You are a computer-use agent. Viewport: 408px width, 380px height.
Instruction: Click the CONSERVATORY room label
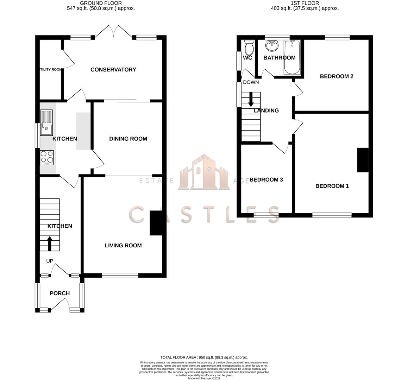click(113, 70)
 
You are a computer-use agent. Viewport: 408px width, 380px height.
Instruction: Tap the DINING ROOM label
click(128, 139)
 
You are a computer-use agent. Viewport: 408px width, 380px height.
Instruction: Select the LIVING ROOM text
click(123, 246)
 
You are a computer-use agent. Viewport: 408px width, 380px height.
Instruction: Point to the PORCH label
click(59, 293)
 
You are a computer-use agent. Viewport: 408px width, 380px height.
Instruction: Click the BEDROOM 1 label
click(332, 186)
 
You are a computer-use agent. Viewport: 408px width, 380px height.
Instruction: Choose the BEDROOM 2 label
click(336, 76)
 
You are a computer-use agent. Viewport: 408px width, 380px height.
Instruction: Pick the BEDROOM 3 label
click(266, 180)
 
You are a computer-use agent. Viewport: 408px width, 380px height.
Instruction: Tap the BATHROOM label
click(279, 58)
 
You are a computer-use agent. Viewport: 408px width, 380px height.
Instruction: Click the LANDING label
click(266, 110)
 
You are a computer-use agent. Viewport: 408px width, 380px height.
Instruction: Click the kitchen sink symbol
click(46, 123)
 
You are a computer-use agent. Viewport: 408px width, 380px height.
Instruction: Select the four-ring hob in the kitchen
click(47, 157)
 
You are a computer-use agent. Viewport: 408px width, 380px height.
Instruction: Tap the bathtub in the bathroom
click(292, 57)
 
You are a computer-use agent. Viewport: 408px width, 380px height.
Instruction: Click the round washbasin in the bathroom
click(271, 45)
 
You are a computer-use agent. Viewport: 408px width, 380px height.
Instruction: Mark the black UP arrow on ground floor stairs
click(50, 243)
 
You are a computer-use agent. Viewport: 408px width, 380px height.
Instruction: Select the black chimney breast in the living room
click(156, 223)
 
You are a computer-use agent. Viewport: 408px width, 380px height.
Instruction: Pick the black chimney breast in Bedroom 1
click(363, 160)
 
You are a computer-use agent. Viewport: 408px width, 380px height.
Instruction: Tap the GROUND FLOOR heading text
click(101, 3)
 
